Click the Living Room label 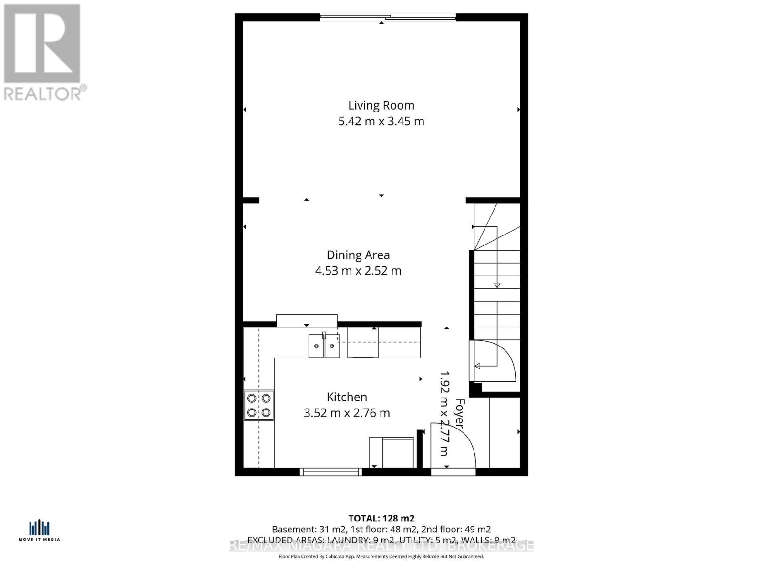click(x=381, y=105)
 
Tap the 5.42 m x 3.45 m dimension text click(x=381, y=121)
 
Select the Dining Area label click(x=358, y=255)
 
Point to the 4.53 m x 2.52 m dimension click(x=358, y=271)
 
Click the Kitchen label click(x=347, y=397)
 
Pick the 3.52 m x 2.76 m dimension click(x=347, y=413)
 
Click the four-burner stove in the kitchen click(x=259, y=405)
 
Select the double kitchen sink click(x=324, y=346)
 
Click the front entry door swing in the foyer click(x=453, y=446)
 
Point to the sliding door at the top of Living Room click(x=388, y=18)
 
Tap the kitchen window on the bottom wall click(x=331, y=472)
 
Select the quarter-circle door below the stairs click(x=494, y=361)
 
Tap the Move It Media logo click(x=39, y=531)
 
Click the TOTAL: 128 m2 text click(x=381, y=518)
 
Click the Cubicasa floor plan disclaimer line click(x=381, y=556)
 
